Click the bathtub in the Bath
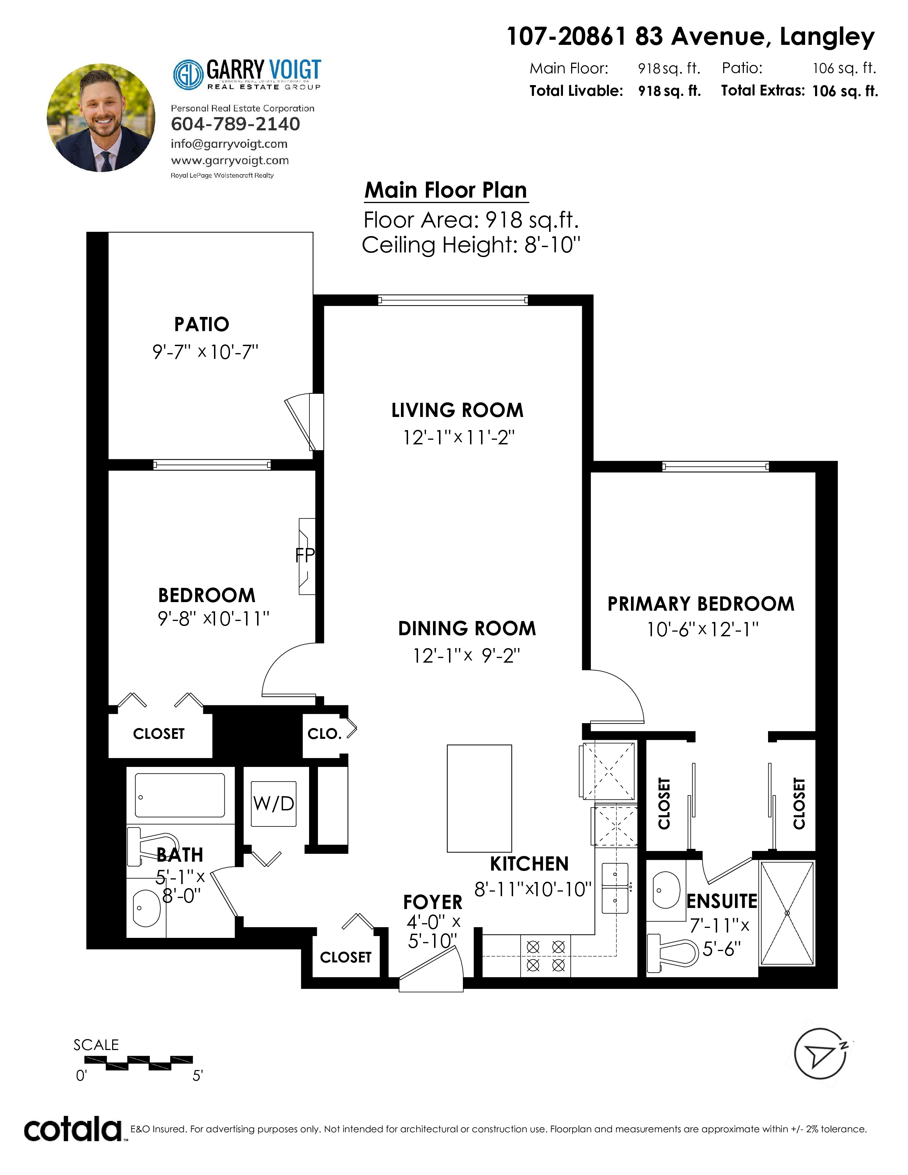(x=180, y=795)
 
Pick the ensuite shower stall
(x=787, y=913)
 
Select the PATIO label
(x=202, y=324)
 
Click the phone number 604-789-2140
(x=235, y=124)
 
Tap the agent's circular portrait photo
(x=101, y=118)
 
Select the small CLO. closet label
(x=324, y=734)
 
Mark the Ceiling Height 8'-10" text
(x=471, y=245)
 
